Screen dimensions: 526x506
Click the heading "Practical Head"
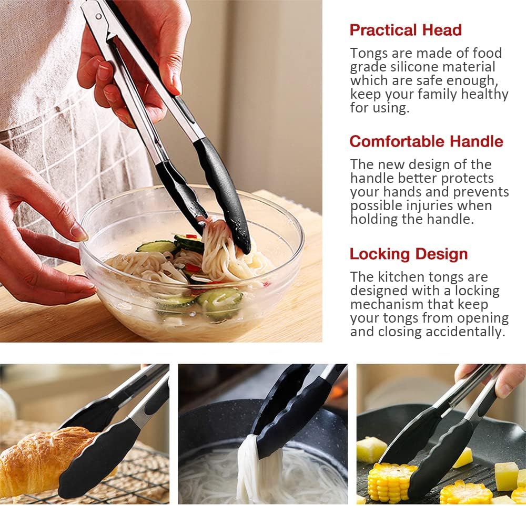coord(406,30)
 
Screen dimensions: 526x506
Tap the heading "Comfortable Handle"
coord(427,141)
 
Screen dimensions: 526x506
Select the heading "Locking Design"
coord(409,254)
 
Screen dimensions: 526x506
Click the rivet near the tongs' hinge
coord(98,16)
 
